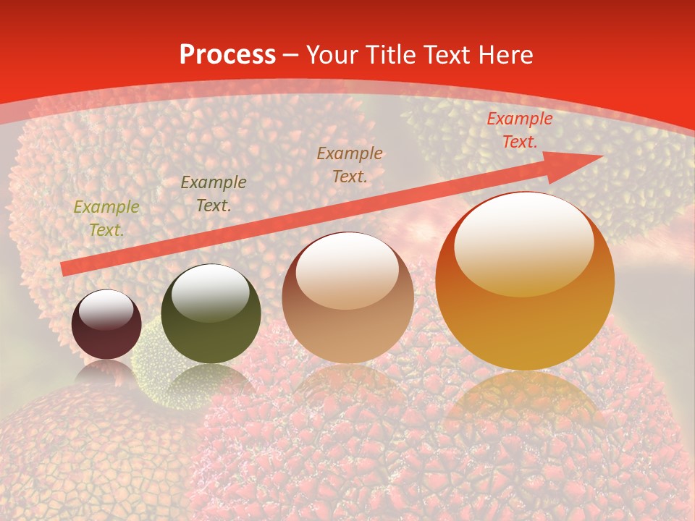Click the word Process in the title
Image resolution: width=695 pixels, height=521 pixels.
227,55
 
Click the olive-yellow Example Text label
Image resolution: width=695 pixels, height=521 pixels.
106,219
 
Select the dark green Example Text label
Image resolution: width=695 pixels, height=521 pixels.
214,194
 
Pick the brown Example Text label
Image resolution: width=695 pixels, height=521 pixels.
350,164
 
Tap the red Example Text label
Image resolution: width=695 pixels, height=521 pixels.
519,130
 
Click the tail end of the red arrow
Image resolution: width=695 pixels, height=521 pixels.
65,269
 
